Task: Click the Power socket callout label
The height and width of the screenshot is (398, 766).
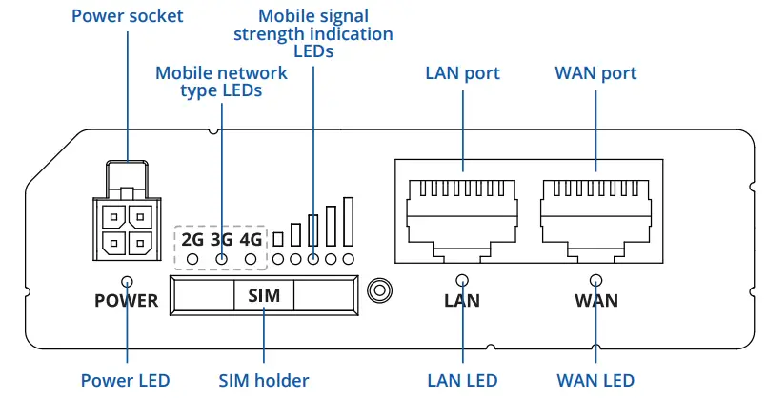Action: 127,16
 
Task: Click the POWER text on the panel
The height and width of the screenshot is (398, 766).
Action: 127,302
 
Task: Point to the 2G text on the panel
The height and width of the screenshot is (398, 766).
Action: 192,238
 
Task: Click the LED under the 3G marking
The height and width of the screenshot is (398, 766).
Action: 222,258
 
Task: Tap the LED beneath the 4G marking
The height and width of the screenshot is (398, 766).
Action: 252,258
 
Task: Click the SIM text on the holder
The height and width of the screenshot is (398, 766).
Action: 264,296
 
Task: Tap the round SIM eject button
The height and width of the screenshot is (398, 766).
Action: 380,289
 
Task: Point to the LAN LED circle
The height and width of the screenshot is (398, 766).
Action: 463,281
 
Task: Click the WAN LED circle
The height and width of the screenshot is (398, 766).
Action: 596,281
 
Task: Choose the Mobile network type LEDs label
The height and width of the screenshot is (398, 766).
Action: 221,82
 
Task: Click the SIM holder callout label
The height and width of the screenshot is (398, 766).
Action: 264,380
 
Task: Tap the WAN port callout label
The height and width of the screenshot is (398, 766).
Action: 596,73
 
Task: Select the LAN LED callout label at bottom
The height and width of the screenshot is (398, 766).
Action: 463,380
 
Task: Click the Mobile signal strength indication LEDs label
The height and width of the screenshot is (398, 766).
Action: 312,34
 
